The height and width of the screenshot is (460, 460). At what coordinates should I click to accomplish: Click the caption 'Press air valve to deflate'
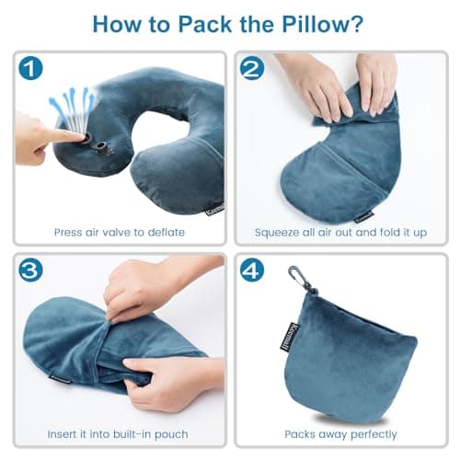(120, 232)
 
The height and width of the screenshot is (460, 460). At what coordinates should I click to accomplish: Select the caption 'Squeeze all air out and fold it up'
(339, 232)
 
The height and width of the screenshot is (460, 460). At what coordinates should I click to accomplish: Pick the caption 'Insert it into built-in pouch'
(120, 433)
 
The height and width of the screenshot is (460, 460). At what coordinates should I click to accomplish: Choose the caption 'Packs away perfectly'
(339, 433)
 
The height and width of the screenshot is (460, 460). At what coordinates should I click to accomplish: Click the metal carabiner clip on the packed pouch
(296, 275)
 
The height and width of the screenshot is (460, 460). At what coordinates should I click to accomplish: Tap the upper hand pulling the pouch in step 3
(143, 290)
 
